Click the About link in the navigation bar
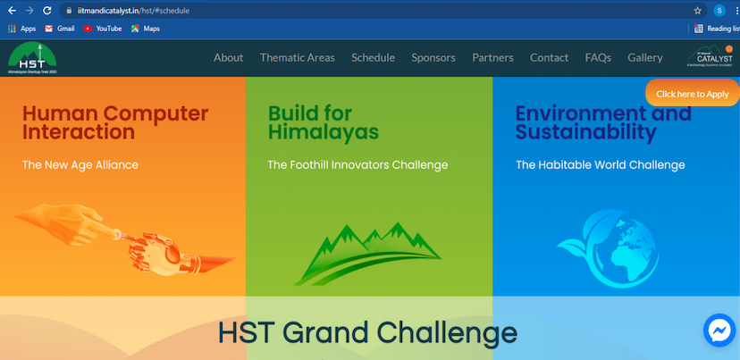pyautogui.click(x=228, y=57)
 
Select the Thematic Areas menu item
pyautogui.click(x=297, y=57)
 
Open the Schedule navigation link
pyautogui.click(x=373, y=57)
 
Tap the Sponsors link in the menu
pyautogui.click(x=433, y=57)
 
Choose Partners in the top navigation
pyautogui.click(x=492, y=57)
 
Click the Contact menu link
pyautogui.click(x=549, y=57)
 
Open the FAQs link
pyautogui.click(x=598, y=57)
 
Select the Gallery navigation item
pyautogui.click(x=645, y=57)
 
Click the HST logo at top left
pyautogui.click(x=31, y=58)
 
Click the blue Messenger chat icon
pyautogui.click(x=719, y=331)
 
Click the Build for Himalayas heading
pyautogui.click(x=323, y=123)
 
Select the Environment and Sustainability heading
pyautogui.click(x=603, y=123)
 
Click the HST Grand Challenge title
pyautogui.click(x=367, y=332)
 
